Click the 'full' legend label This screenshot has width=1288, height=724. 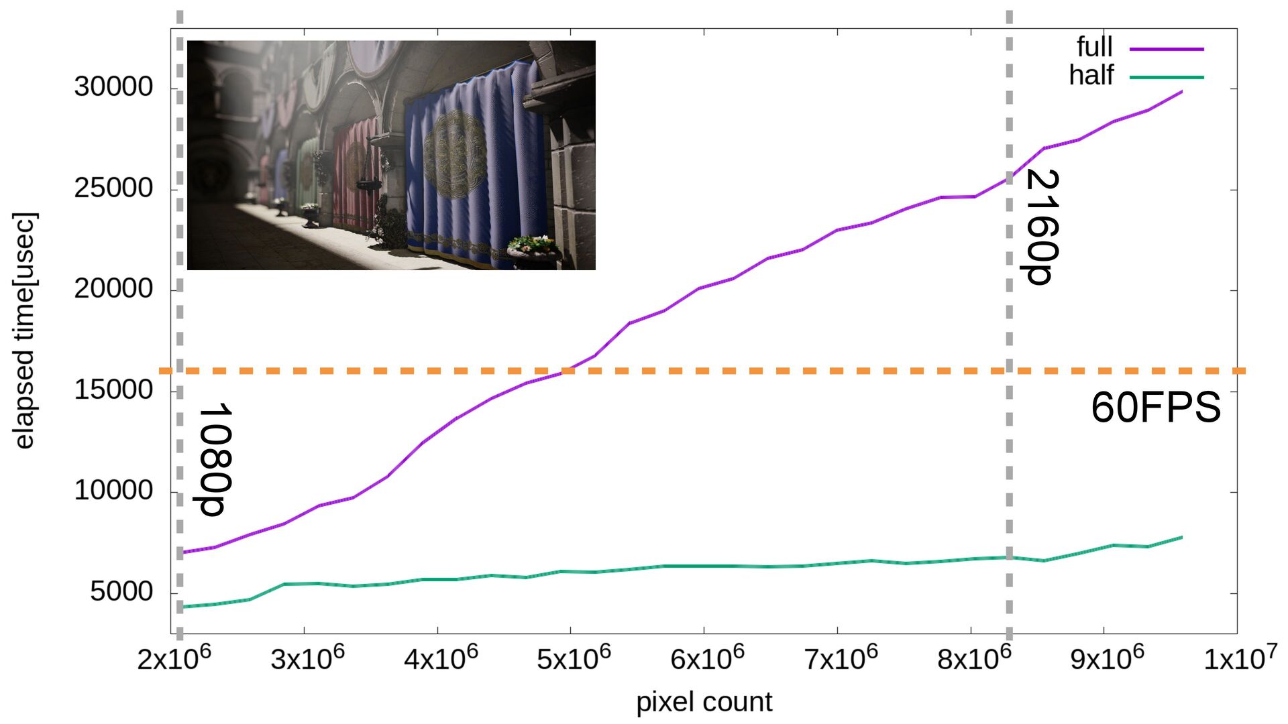coord(1094,47)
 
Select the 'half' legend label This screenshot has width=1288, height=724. coord(1091,75)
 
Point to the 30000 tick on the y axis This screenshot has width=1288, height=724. coord(113,87)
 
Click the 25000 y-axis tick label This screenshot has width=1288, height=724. coord(113,188)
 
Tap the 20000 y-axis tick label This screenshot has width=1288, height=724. coord(113,289)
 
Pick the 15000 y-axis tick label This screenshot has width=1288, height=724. coord(113,390)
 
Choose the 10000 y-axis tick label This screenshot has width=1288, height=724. coord(113,491)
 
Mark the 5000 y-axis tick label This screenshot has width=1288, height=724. coord(121,592)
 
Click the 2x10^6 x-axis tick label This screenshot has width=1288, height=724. coord(174,659)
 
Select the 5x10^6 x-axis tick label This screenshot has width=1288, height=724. coord(574,659)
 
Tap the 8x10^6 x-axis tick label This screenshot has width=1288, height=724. coord(973,659)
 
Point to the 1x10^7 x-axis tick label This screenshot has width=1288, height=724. coord(1240,659)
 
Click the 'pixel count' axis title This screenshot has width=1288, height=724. coord(704,702)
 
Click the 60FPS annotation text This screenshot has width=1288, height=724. coord(1155,407)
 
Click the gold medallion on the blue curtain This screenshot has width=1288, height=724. coord(456,154)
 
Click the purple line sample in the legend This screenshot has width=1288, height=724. coord(1167,49)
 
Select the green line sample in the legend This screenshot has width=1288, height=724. coord(1167,77)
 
